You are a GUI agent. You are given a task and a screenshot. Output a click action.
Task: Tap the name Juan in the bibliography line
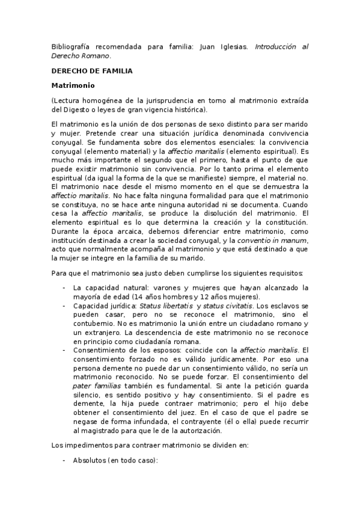[207, 47]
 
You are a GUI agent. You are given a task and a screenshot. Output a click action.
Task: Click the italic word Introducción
[276, 47]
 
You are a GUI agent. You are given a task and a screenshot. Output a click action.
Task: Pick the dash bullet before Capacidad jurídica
[64, 306]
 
